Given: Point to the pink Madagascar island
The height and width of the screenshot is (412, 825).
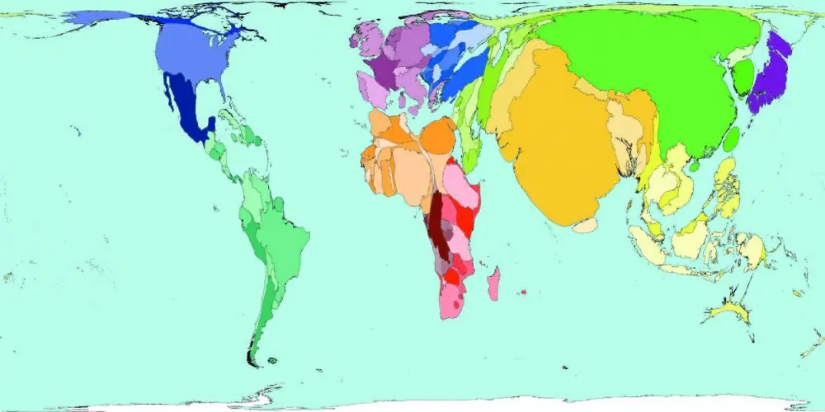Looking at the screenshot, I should pos(493,284).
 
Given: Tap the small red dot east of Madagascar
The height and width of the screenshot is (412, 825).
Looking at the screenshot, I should pos(524,293).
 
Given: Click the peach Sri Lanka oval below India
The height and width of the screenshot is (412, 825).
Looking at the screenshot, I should pos(585,224).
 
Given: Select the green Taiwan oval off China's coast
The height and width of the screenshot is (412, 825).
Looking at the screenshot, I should pos(730,138).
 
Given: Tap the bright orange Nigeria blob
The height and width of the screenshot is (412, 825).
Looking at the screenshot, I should pos(437,136).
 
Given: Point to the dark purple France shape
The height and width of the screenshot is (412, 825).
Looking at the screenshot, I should pos(384,70).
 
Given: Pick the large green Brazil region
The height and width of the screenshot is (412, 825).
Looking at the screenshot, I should pos(285,239).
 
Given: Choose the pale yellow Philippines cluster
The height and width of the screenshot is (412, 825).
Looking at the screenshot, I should pos(724,190).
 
